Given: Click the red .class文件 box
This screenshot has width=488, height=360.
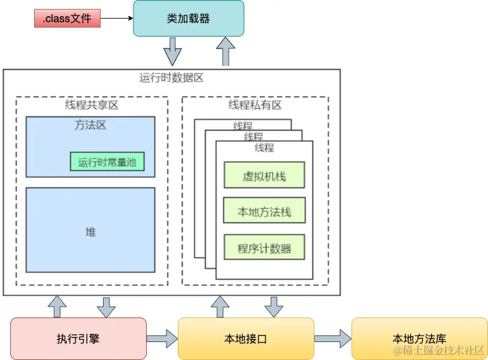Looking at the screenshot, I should tap(67, 19).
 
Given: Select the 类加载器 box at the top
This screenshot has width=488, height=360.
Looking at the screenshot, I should tap(188, 19).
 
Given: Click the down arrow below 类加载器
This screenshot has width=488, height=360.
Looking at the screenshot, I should tap(172, 52).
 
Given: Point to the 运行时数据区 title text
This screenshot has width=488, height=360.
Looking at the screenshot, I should tap(171, 78).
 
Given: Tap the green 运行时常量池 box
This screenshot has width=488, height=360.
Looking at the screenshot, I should tap(107, 162).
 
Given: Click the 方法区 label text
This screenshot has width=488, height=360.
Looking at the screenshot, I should tap(90, 126).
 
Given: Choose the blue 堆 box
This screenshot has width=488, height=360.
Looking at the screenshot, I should tap(90, 231).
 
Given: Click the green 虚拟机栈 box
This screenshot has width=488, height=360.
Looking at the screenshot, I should tap(264, 176).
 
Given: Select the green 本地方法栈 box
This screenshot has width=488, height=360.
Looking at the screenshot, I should tap(264, 212).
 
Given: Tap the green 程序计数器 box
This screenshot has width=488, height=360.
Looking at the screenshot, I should tap(264, 248).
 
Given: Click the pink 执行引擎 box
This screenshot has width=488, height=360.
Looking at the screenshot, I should tap(78, 339).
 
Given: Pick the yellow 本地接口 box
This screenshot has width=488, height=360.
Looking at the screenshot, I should tap(246, 339).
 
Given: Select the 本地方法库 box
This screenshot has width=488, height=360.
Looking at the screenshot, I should tap(419, 339).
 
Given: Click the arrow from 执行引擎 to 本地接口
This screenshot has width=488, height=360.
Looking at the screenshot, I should tap(162, 339).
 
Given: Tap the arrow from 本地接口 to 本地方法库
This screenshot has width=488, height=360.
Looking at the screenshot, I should tap(333, 339).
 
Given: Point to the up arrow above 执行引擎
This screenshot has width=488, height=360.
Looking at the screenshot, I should tap(58, 306).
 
